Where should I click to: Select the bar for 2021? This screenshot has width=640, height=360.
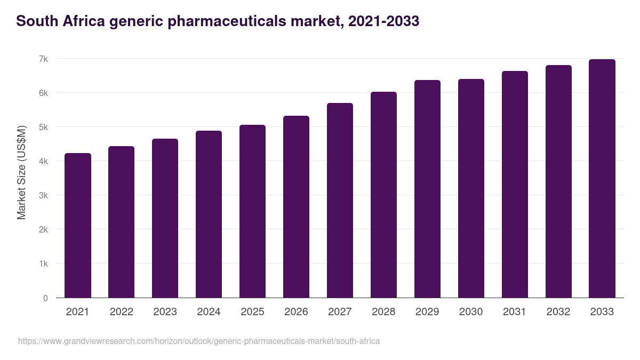(x=78, y=225)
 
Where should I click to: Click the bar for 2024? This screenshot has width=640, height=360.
(x=209, y=214)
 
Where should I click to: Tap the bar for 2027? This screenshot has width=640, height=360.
(x=340, y=200)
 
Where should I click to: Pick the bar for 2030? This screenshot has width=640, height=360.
(x=471, y=188)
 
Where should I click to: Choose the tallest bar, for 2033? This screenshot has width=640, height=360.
(x=602, y=178)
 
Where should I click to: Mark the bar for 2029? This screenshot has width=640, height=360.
(x=427, y=189)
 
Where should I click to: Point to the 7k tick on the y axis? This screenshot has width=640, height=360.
(x=43, y=59)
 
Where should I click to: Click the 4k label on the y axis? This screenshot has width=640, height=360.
(x=43, y=161)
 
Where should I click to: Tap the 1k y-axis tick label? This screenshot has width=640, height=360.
(x=43, y=264)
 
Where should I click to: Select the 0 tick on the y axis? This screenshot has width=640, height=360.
(x=45, y=298)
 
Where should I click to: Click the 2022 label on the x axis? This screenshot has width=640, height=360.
(x=121, y=312)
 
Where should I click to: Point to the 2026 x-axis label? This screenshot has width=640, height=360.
(x=296, y=312)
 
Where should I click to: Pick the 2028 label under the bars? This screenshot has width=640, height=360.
(x=383, y=312)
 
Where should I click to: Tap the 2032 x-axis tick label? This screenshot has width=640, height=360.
(x=558, y=312)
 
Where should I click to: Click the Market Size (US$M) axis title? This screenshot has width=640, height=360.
(x=21, y=172)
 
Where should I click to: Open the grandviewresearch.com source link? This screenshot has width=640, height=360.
(x=199, y=341)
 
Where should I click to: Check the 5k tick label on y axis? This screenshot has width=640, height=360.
(x=43, y=127)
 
